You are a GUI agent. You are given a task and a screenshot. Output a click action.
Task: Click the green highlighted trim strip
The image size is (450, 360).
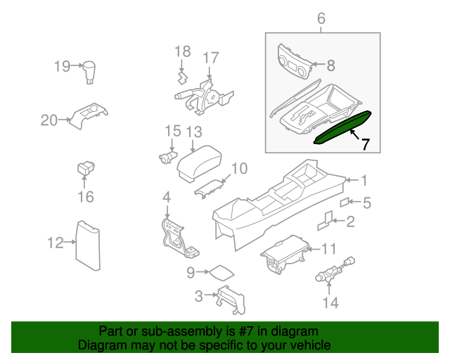point(344,127)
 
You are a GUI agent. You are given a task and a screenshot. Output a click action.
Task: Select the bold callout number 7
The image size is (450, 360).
point(364,145)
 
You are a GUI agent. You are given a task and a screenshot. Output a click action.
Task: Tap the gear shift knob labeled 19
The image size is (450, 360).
point(90,72)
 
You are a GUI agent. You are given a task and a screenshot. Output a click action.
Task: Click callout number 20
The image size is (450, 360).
point(48,120)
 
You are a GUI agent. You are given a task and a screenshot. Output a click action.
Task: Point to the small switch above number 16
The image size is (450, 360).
point(84,169)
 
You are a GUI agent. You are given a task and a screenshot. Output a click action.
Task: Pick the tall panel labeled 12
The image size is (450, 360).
point(88,245)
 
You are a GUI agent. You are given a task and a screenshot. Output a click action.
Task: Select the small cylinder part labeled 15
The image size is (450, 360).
point(167,157)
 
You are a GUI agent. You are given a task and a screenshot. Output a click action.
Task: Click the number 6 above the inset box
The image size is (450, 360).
point(321,19)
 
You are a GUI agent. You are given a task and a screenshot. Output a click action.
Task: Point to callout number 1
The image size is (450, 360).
point(364,179)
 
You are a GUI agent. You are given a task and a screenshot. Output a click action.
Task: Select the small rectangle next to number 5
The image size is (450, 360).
point(345,202)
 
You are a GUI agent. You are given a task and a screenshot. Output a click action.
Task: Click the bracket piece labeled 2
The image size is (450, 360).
point(325,221)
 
